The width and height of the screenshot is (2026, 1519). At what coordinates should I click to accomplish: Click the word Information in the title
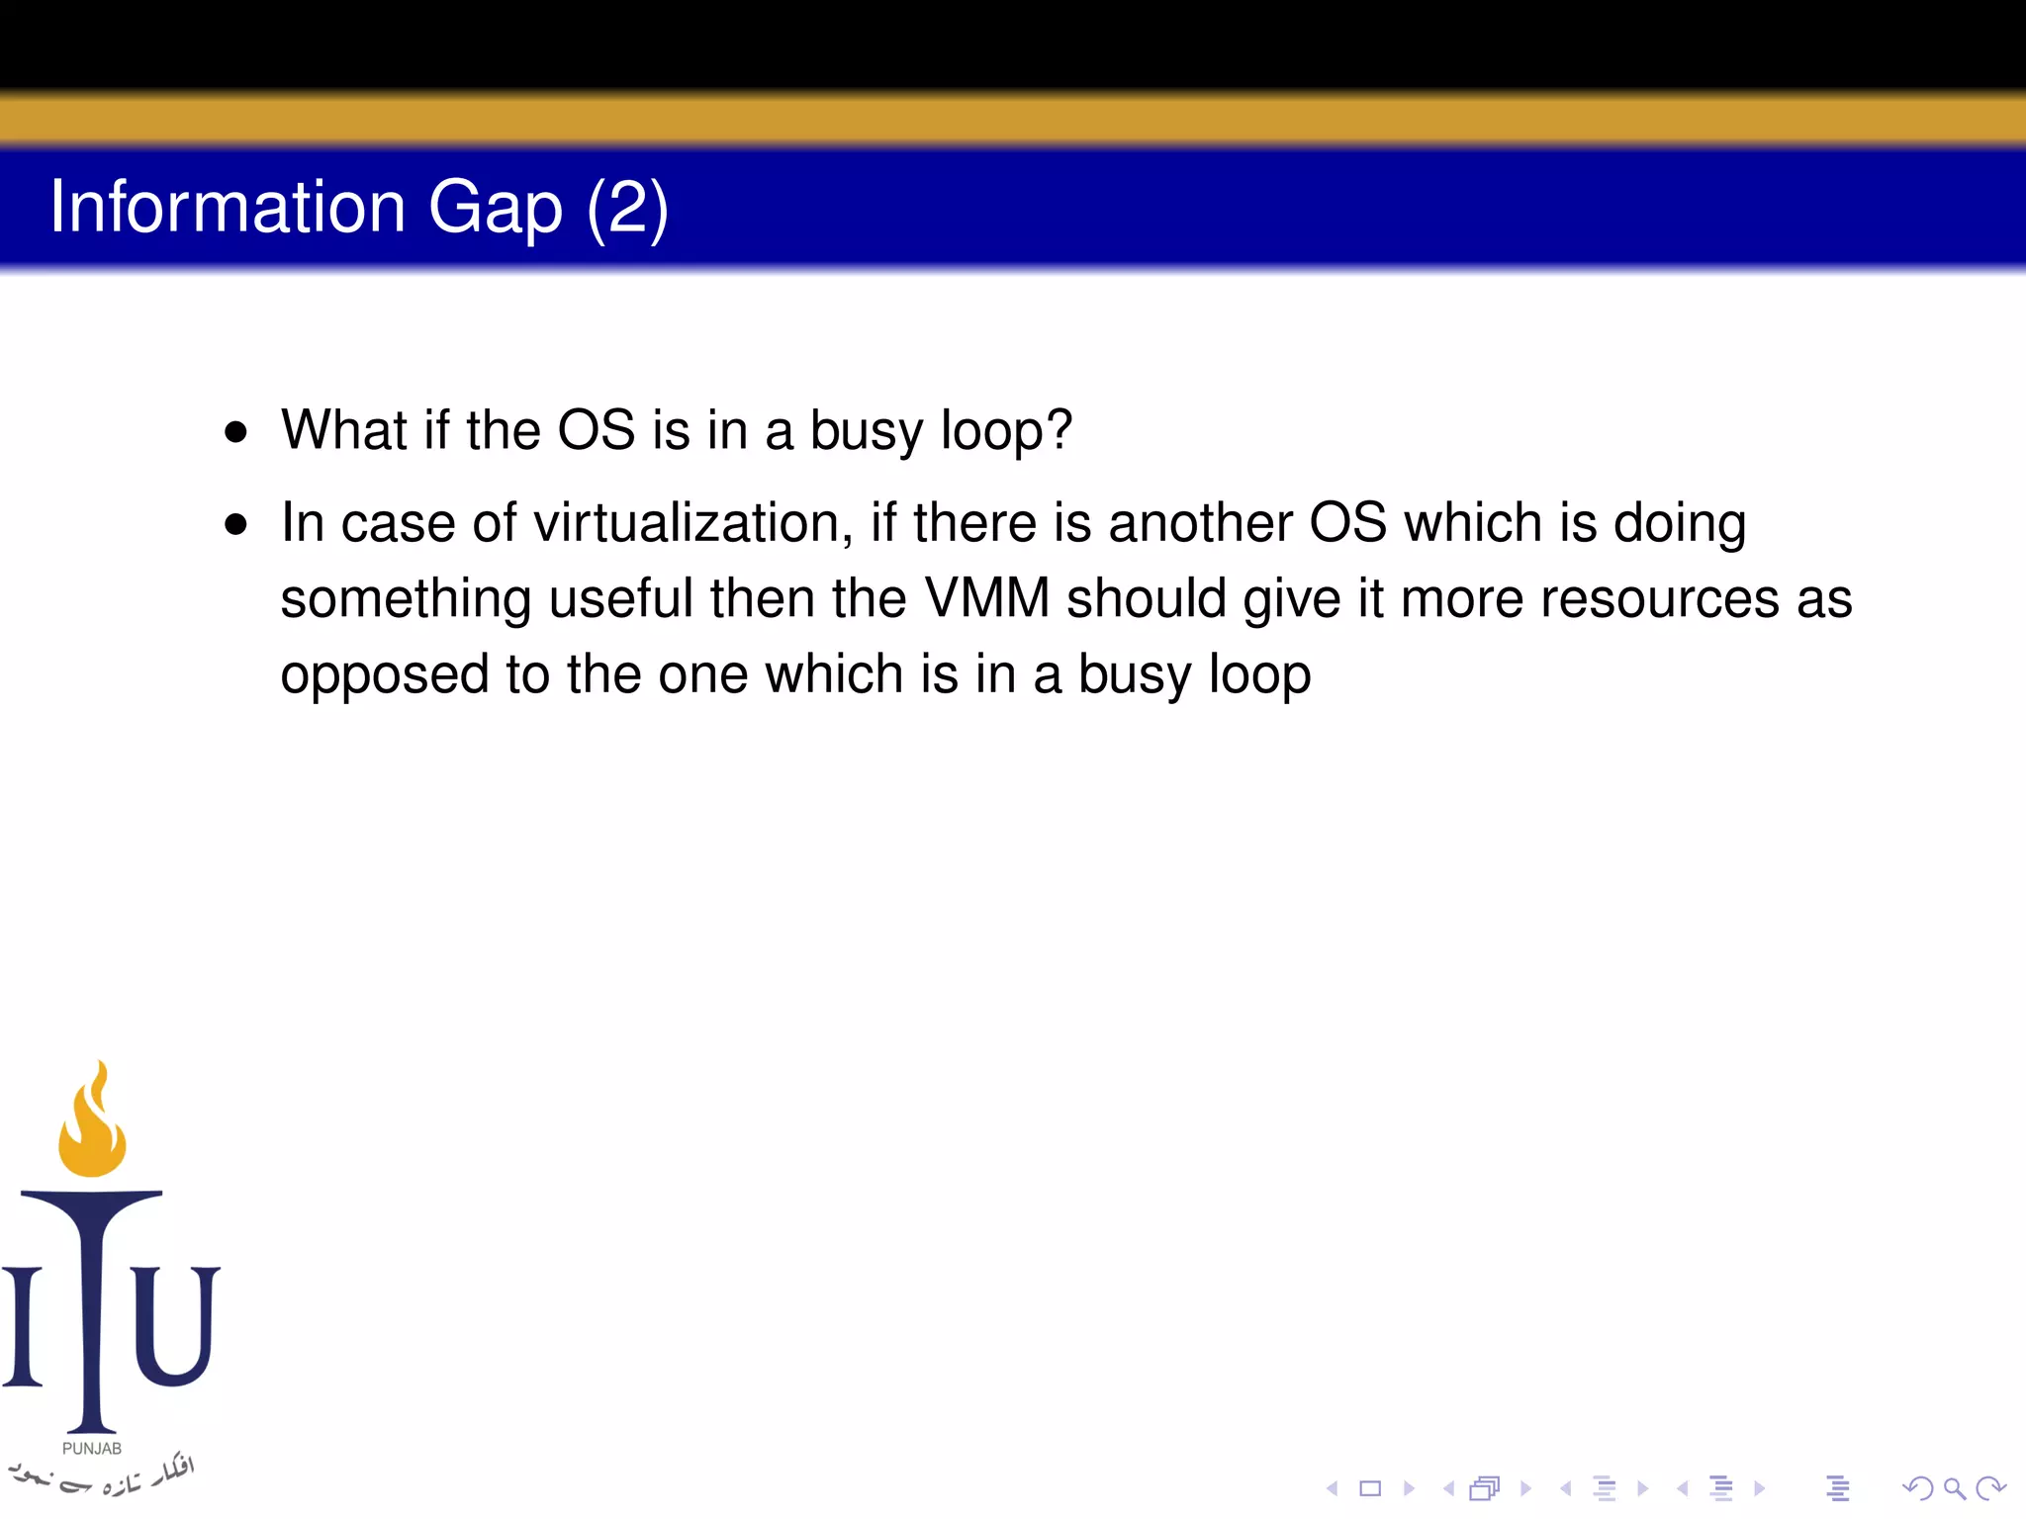click(x=228, y=207)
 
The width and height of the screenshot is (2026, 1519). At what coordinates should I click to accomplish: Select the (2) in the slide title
click(x=627, y=209)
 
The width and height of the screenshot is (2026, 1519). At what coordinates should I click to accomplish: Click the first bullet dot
click(x=235, y=432)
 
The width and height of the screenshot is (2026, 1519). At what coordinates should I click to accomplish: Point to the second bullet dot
click(x=235, y=524)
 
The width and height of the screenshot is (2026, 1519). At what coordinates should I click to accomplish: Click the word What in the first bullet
click(x=343, y=430)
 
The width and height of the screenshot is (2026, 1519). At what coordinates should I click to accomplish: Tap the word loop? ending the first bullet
click(x=1006, y=432)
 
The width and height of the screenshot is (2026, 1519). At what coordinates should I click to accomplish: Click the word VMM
click(x=986, y=598)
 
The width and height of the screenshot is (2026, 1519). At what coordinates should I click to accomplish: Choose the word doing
click(x=1679, y=525)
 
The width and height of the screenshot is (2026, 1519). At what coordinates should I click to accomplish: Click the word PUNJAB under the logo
click(x=92, y=1449)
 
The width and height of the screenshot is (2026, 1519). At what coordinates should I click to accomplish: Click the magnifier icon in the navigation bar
click(x=1954, y=1488)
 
